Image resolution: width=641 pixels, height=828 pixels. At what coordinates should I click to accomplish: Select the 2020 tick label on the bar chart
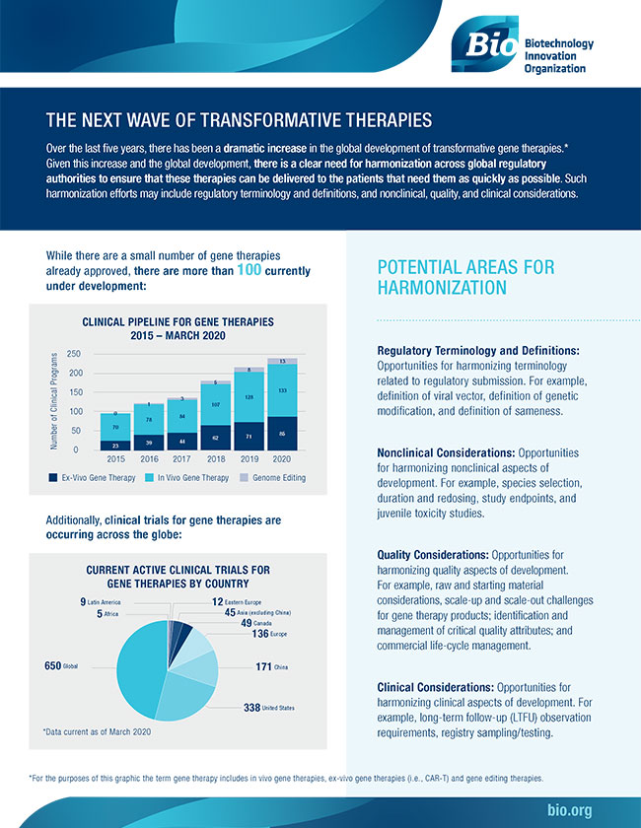pos(282,458)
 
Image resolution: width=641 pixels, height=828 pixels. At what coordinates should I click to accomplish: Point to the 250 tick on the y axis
pos(73,354)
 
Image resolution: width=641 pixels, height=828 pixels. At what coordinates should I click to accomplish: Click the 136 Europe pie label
pos(274,634)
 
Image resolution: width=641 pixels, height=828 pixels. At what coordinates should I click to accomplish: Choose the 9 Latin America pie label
pos(100,601)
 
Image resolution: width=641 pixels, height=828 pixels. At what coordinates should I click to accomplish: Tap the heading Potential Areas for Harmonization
pos(465,277)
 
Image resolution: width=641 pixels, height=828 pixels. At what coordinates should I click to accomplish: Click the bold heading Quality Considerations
pos(433,554)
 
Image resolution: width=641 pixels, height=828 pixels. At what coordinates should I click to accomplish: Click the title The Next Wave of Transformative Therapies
pos(239,121)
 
